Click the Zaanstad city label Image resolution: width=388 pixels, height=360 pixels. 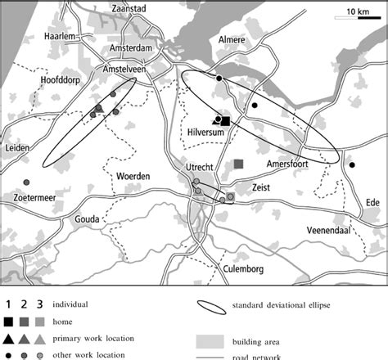(x=124, y=8)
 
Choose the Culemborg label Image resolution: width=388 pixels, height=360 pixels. (x=245, y=268)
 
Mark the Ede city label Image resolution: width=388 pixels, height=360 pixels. (x=372, y=201)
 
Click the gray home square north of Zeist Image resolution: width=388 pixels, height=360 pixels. (x=238, y=164)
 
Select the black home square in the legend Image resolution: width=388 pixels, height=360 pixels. (x=7, y=322)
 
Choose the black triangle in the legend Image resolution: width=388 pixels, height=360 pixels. (x=7, y=338)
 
